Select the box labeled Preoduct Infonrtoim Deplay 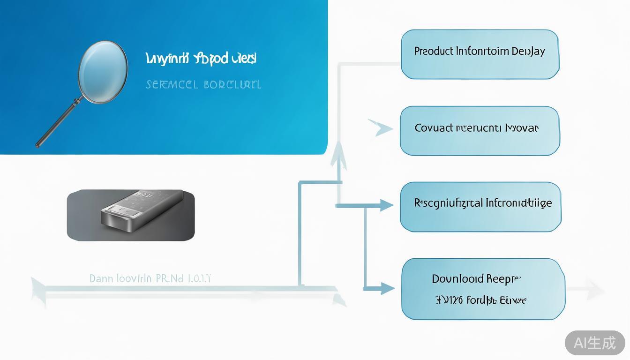(x=480, y=54)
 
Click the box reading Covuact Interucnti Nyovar (x=480, y=131)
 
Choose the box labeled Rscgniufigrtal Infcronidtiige (x=480, y=207)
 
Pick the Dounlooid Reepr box (x=483, y=289)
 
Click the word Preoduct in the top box (x=434, y=51)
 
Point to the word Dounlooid (x=457, y=279)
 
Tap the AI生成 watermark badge (x=595, y=343)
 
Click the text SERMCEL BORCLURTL (x=203, y=85)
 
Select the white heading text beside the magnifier (x=201, y=59)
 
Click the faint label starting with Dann (x=150, y=278)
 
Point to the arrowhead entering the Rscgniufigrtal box (x=387, y=205)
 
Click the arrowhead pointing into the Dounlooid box (x=387, y=288)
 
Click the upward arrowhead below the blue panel (x=338, y=157)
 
